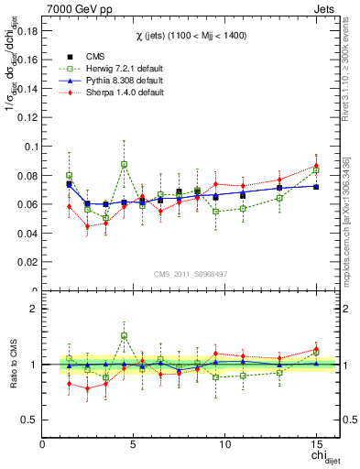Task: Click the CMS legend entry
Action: [x=93, y=56]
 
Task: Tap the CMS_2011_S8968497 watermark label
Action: [x=190, y=273]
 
